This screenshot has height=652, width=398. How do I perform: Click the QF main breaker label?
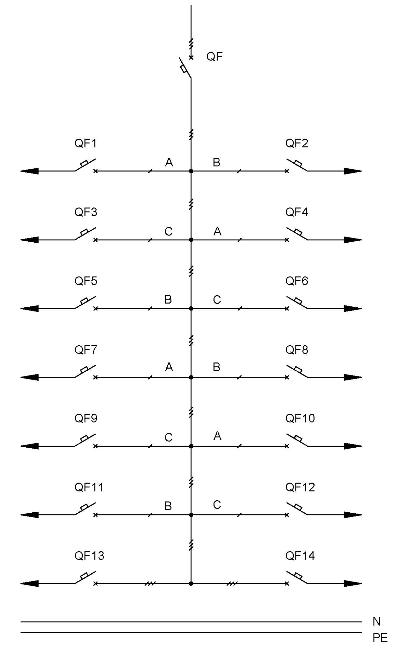(214, 57)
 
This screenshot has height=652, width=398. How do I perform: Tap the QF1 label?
(86, 143)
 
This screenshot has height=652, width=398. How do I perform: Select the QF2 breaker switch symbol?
(297, 165)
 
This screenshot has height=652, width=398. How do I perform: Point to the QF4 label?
(297, 212)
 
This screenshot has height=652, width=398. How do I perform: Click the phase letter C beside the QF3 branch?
(169, 232)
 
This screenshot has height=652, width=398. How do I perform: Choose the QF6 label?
(297, 281)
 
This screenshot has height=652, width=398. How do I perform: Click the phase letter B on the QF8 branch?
(216, 367)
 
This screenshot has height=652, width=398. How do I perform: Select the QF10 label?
(300, 418)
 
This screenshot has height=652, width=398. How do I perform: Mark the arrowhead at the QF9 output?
(30, 446)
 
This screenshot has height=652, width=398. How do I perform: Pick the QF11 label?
(89, 487)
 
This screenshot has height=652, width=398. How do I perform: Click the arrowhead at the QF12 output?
(353, 515)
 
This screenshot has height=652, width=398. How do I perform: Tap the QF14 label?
(300, 556)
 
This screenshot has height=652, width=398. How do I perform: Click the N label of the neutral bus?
(377, 622)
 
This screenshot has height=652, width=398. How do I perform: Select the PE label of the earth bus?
(380, 638)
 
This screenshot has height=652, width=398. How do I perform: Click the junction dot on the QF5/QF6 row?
(191, 309)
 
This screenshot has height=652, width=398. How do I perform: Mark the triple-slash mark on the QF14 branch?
(231, 584)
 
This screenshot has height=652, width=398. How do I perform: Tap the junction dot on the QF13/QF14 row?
(191, 584)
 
